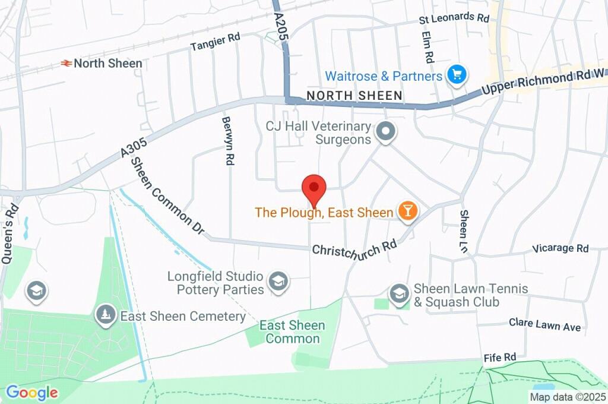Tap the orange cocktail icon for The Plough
pyautogui.click(x=407, y=212)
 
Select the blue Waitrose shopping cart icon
pyautogui.click(x=457, y=75)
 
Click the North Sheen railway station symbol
pyautogui.click(x=66, y=63)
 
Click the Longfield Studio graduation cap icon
pyautogui.click(x=277, y=282)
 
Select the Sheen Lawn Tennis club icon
pyautogui.click(x=399, y=293)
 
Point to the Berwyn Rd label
pyautogui.click(x=227, y=140)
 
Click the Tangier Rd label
pyautogui.click(x=215, y=41)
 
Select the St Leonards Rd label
pyautogui.click(x=454, y=18)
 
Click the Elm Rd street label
pyautogui.click(x=427, y=48)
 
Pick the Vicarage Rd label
pyautogui.click(x=560, y=248)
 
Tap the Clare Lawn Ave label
pyautogui.click(x=544, y=324)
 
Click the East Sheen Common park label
pyautogui.click(x=292, y=332)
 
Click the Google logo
pyautogui.click(x=31, y=392)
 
